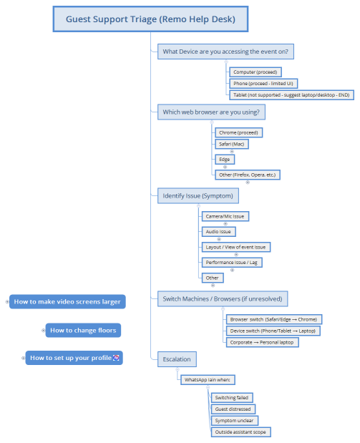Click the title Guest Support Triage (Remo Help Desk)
[151, 20]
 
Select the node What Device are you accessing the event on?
[226, 52]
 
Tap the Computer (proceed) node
[255, 72]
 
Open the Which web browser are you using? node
[211, 112]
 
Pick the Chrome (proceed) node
[239, 133]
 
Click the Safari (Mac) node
[232, 145]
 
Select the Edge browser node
[224, 159]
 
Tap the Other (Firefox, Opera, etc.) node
[247, 175]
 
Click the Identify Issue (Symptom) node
[198, 195]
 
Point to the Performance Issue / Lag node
[232, 263]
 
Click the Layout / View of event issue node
[235, 247]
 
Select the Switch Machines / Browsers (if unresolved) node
[224, 298]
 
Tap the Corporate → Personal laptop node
[261, 342]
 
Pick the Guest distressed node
[233, 409]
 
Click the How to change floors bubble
[83, 330]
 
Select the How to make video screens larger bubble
[67, 302]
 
